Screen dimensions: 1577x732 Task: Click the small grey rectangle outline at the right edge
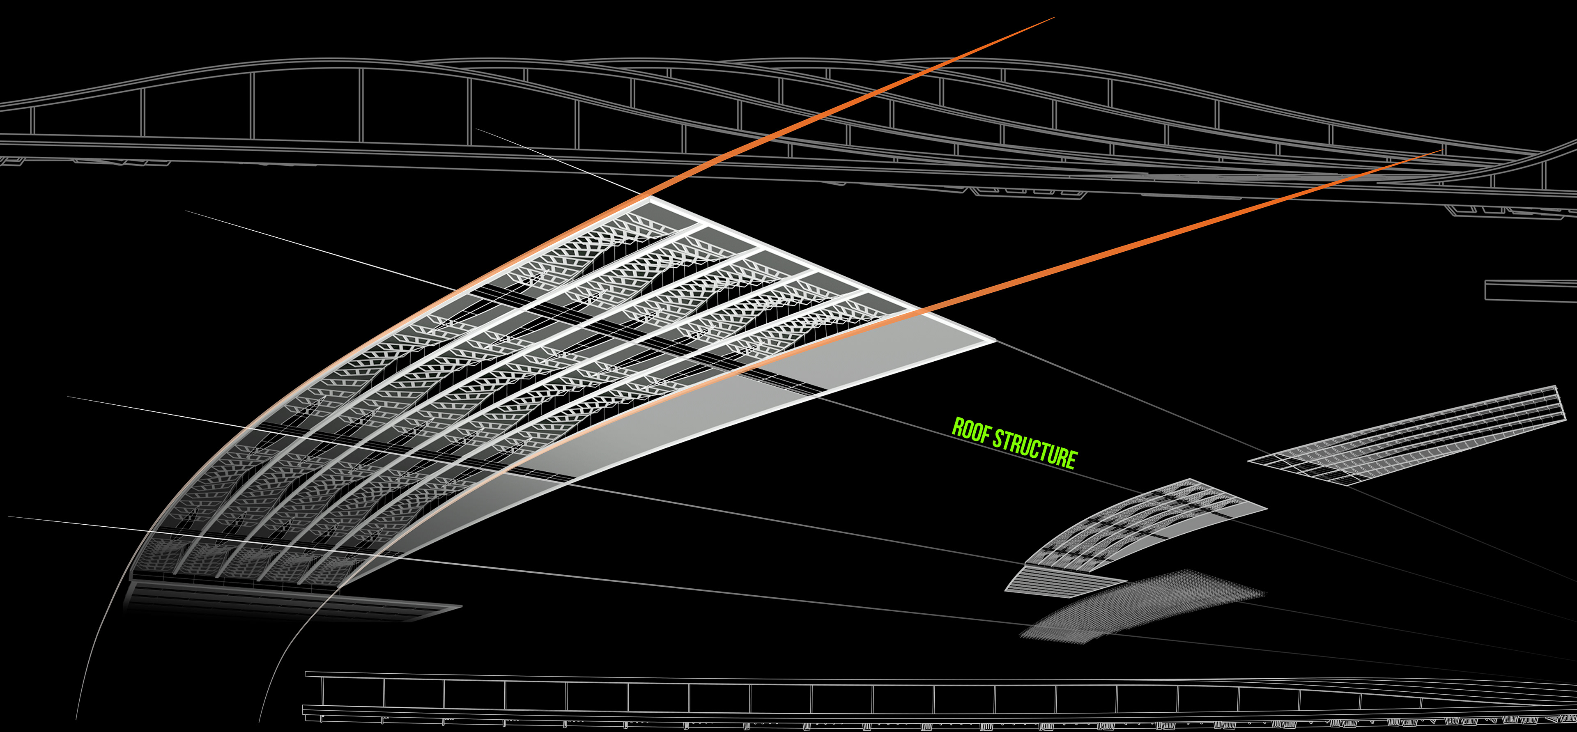(1531, 290)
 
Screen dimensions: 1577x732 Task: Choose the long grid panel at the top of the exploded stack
(1408, 434)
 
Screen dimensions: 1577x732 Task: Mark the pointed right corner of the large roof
(995, 341)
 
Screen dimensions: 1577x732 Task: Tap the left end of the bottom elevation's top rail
(306, 674)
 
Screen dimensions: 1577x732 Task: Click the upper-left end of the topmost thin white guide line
(476, 129)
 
